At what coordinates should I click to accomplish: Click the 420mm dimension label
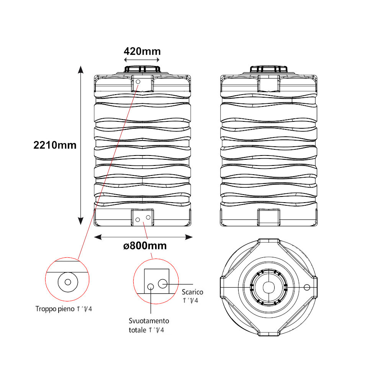coord(142,51)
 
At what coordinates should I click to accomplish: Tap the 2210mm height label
coord(55,145)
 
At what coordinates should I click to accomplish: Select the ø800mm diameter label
coord(145,246)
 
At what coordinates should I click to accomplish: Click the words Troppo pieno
coord(55,309)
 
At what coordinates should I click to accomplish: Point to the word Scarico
coord(193,292)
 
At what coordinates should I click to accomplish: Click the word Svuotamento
coord(149,321)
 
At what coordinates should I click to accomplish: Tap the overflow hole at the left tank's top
coord(138,82)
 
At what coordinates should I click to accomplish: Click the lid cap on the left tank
coord(142,69)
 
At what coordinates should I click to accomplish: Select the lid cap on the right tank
coord(269,69)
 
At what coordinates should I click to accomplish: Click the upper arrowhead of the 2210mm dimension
coord(81,70)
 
